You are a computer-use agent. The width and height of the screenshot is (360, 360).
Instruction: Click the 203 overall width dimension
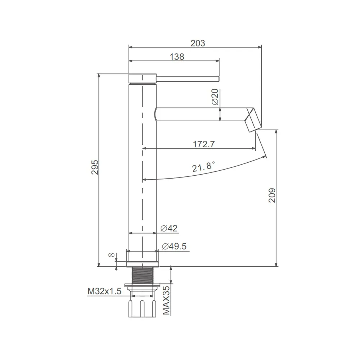(198, 43)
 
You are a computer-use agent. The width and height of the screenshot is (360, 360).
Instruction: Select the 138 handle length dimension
(177, 57)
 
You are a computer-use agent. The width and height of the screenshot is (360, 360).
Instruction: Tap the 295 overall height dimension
(95, 167)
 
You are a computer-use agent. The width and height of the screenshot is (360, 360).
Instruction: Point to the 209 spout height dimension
(272, 195)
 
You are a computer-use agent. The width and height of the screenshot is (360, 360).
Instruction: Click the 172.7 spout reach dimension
(204, 144)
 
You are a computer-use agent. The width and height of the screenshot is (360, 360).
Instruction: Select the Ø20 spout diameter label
(215, 97)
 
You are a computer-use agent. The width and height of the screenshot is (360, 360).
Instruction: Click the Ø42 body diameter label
(169, 228)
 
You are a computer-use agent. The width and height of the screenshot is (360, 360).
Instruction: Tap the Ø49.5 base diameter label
(174, 246)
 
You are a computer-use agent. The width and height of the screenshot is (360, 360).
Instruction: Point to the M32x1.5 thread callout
(104, 291)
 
